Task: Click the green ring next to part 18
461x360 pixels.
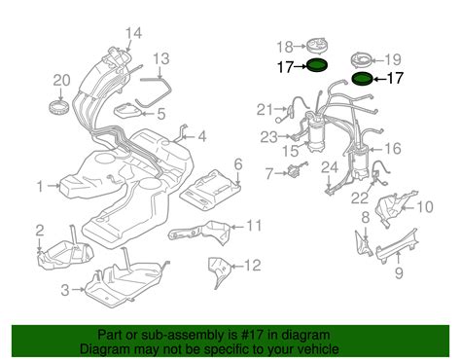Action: coord(317,65)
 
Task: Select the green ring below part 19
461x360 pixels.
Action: coord(362,79)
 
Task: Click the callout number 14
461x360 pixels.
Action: coord(133,33)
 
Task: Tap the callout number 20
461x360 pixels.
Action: coord(61,80)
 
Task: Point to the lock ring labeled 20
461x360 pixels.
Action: coord(58,107)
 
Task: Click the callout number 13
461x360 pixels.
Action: coord(161,59)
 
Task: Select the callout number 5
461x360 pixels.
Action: coord(161,114)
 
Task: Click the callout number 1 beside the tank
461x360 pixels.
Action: coord(40,187)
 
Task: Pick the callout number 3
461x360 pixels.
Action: coord(65,290)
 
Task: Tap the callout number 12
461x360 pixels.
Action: coord(252,266)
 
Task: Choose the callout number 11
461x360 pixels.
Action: coord(253,226)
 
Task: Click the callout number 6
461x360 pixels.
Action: coord(238,164)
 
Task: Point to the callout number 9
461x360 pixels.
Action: coord(399,273)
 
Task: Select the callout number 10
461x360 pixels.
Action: coord(424,207)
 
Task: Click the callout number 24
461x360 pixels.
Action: coord(330,167)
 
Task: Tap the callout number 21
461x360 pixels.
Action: coord(265,110)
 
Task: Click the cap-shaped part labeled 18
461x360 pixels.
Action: coord(317,47)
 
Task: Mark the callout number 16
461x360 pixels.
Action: coord(393,148)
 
